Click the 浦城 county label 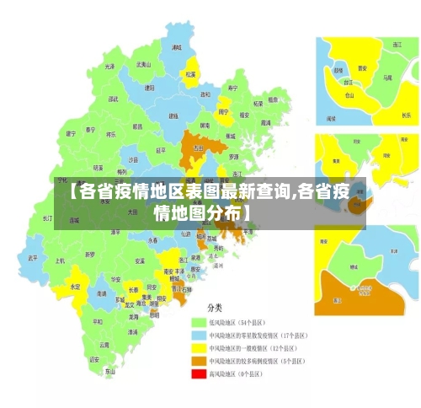[176, 48]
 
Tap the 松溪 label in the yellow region [190, 73]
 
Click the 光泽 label [109, 66]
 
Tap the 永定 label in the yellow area [76, 287]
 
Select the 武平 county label [33, 257]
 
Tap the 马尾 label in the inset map [387, 77]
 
